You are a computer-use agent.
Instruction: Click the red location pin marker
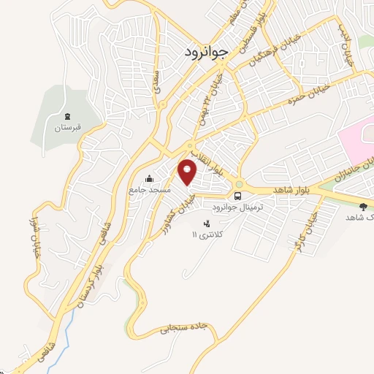pos(188,171)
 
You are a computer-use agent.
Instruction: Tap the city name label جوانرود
pos(202,52)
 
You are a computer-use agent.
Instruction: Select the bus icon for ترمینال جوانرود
pos(238,196)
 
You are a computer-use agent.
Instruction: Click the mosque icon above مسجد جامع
pos(150,178)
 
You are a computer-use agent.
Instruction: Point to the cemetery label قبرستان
pos(67,128)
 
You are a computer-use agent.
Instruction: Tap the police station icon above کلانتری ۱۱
pos(207,224)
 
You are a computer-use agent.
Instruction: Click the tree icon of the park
pos(363,207)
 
